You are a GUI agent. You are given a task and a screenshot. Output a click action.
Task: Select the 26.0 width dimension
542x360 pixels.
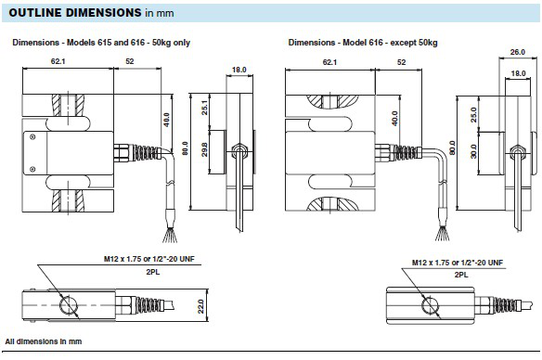click(x=517, y=52)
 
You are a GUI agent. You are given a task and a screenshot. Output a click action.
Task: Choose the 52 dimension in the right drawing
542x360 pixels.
click(x=401, y=62)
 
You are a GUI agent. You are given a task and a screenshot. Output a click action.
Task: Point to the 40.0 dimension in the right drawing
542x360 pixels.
click(x=395, y=118)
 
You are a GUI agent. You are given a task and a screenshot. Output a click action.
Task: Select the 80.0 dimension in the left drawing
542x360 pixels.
click(x=184, y=148)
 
